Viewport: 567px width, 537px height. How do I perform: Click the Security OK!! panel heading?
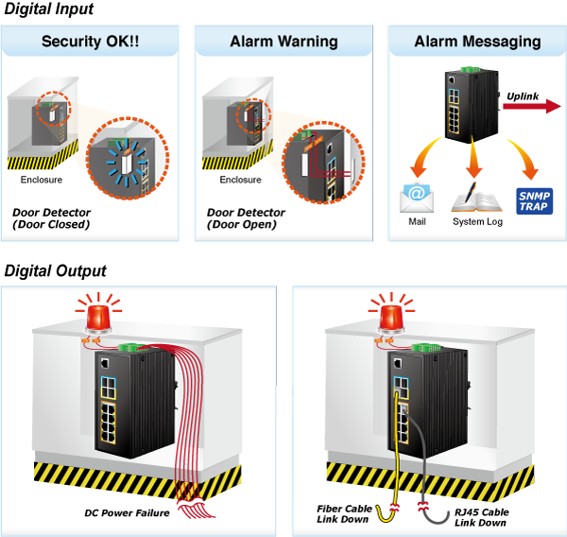(x=90, y=42)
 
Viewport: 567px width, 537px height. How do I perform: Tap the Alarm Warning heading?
(x=283, y=42)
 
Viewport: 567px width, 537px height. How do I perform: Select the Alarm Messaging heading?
(x=477, y=42)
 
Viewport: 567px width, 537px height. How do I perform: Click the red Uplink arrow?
(x=532, y=107)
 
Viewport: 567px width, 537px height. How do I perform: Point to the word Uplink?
(x=523, y=96)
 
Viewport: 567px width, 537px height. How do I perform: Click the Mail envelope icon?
(x=417, y=198)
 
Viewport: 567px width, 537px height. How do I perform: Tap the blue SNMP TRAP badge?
(x=535, y=201)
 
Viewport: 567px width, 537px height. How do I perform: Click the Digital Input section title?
(x=49, y=9)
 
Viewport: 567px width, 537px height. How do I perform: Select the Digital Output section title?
(x=56, y=270)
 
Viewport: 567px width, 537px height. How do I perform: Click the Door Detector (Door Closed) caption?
(x=51, y=218)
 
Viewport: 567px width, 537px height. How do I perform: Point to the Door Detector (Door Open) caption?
(x=246, y=218)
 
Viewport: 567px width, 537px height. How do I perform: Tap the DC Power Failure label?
(x=127, y=513)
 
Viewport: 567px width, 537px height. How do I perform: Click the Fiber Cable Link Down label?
(x=344, y=514)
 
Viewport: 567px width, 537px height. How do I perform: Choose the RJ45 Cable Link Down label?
(x=482, y=517)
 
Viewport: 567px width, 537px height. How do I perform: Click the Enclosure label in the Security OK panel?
(x=42, y=180)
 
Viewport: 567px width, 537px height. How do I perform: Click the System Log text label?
(x=477, y=222)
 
